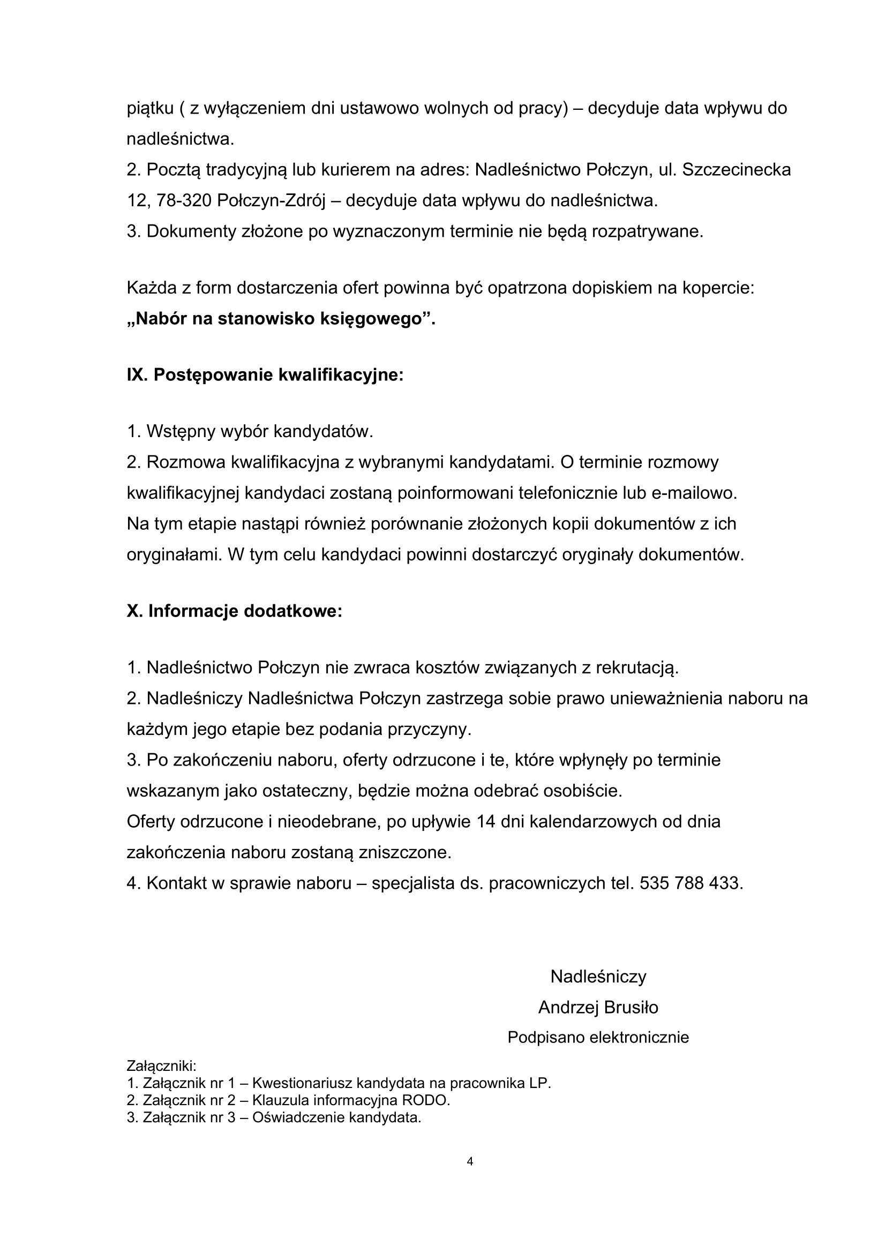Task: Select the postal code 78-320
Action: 184,201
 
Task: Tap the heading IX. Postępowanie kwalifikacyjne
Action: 265,376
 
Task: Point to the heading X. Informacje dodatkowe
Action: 235,611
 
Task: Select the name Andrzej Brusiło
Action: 598,1008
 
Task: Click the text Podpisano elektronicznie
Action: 598,1038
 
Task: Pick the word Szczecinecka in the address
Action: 736,170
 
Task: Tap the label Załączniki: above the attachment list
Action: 161,1066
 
